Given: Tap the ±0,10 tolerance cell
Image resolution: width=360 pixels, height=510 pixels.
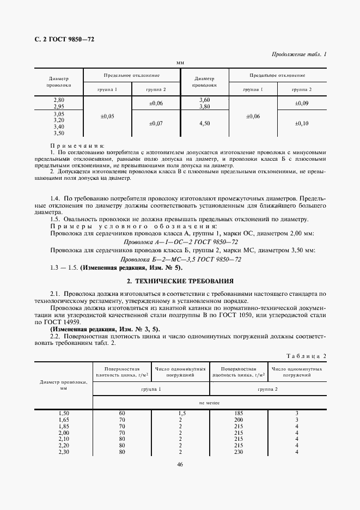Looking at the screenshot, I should click(301, 124).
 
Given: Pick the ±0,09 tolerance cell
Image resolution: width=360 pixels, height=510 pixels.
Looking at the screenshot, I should click(301, 103).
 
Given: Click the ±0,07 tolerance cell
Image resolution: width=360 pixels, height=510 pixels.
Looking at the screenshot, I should click(156, 124).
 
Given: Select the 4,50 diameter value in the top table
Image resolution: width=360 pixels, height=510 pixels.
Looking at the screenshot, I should click(205, 124).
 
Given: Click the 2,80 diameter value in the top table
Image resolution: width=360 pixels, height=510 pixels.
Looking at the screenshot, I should click(59, 100).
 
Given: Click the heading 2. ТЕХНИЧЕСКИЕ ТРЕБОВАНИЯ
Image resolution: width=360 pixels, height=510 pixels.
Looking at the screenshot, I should click(180, 281).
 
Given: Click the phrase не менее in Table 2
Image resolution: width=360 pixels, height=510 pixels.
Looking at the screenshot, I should click(210, 402).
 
